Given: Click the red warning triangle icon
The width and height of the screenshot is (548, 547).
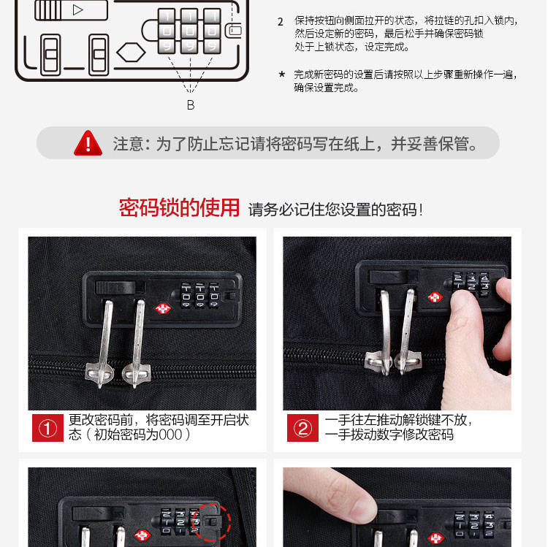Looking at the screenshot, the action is tap(88, 143).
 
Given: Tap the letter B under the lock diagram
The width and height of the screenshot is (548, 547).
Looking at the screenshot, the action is tap(191, 104).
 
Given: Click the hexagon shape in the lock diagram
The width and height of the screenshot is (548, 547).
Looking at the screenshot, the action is tap(131, 53).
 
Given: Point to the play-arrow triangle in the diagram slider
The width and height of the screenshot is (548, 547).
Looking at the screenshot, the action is tap(78, 9).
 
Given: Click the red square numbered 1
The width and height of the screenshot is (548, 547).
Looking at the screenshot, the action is tap(48, 428).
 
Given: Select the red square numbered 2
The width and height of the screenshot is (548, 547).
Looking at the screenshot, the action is tap(302, 428).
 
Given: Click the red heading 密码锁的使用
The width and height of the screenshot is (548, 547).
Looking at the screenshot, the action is tap(179, 208).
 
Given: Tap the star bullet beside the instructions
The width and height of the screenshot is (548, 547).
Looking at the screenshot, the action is tap(282, 74).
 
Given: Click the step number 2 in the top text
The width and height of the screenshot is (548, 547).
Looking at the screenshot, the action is tap(281, 22).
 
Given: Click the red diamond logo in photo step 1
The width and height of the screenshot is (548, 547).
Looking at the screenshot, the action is tap(163, 308).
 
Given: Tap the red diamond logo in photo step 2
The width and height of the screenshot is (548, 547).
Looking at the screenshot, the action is tap(435, 298).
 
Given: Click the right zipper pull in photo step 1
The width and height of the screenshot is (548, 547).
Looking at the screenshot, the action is tap(137, 344).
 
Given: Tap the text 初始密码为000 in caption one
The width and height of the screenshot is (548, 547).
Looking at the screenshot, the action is tap(138, 435).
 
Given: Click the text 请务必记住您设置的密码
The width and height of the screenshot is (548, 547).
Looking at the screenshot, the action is tap(332, 210).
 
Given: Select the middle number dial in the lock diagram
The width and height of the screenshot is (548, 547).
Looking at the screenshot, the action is tap(190, 31).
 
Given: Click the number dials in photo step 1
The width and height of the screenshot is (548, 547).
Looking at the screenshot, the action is tap(200, 296).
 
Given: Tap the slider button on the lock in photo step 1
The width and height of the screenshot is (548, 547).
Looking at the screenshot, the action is tap(115, 288).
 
